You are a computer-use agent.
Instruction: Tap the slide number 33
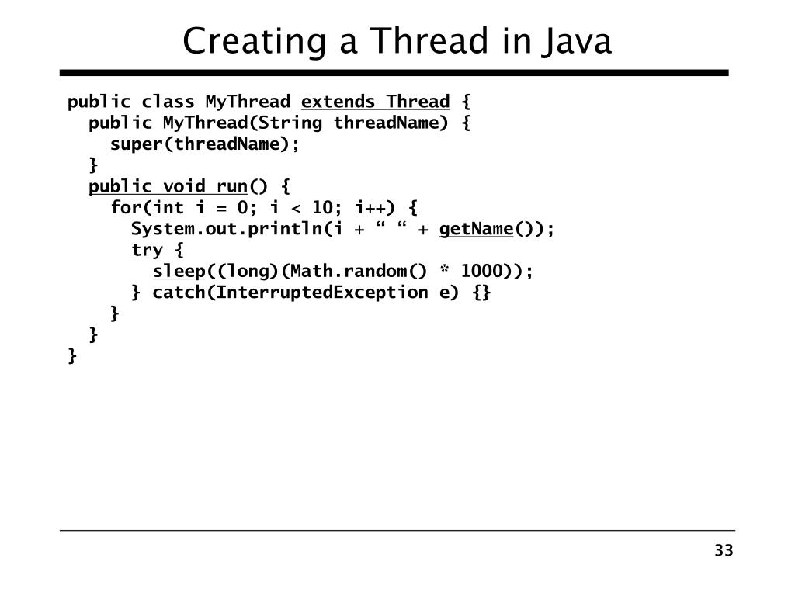point(724,551)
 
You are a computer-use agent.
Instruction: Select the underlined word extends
point(338,102)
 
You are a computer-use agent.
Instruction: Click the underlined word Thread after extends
point(418,102)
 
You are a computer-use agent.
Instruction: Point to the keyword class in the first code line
point(168,102)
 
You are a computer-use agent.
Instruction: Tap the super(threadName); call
point(205,144)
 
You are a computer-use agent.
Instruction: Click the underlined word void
point(184,186)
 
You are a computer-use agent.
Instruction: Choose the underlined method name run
point(231,186)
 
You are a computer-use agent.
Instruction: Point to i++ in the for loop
point(370,207)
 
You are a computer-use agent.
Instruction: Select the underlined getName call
point(476,229)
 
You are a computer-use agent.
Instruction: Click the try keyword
point(147,250)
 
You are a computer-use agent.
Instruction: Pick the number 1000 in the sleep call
point(481,271)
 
